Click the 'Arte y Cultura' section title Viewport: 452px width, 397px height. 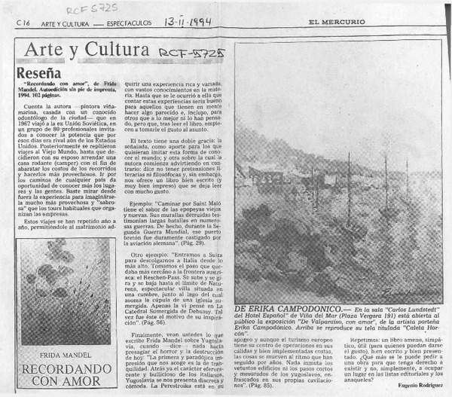pyautogui.click(x=85, y=51)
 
